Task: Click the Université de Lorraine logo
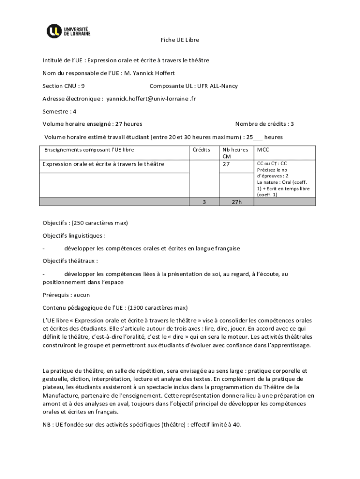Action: tap(68, 31)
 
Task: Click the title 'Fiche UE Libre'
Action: tap(180, 40)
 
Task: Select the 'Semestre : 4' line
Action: tap(59, 111)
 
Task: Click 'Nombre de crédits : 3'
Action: tap(265, 124)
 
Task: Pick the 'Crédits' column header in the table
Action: tap(202, 150)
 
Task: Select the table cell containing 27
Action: tap(226, 164)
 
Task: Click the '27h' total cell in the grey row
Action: tap(237, 202)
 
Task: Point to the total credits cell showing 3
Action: tap(203, 202)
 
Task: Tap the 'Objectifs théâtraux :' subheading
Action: tap(70, 261)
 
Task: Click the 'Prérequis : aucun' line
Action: tap(66, 295)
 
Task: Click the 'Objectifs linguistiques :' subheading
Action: tap(74, 235)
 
